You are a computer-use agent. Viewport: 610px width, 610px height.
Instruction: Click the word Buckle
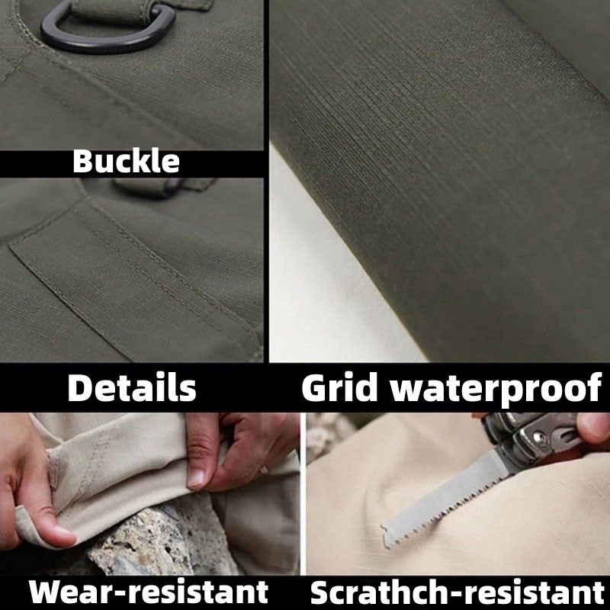(x=126, y=161)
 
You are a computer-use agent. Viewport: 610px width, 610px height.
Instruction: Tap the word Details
(x=131, y=388)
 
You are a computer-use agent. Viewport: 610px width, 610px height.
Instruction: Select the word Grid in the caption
(x=339, y=388)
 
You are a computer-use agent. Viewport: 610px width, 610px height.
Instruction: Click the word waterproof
(x=496, y=389)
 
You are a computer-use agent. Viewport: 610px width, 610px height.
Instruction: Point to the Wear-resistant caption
(x=148, y=592)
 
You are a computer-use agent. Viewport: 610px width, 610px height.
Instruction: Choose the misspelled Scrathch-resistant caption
(x=457, y=592)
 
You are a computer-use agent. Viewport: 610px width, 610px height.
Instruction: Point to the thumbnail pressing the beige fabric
(x=197, y=479)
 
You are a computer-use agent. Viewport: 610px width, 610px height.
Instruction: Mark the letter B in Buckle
(x=82, y=161)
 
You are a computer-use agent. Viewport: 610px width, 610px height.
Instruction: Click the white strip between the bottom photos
(x=303, y=493)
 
